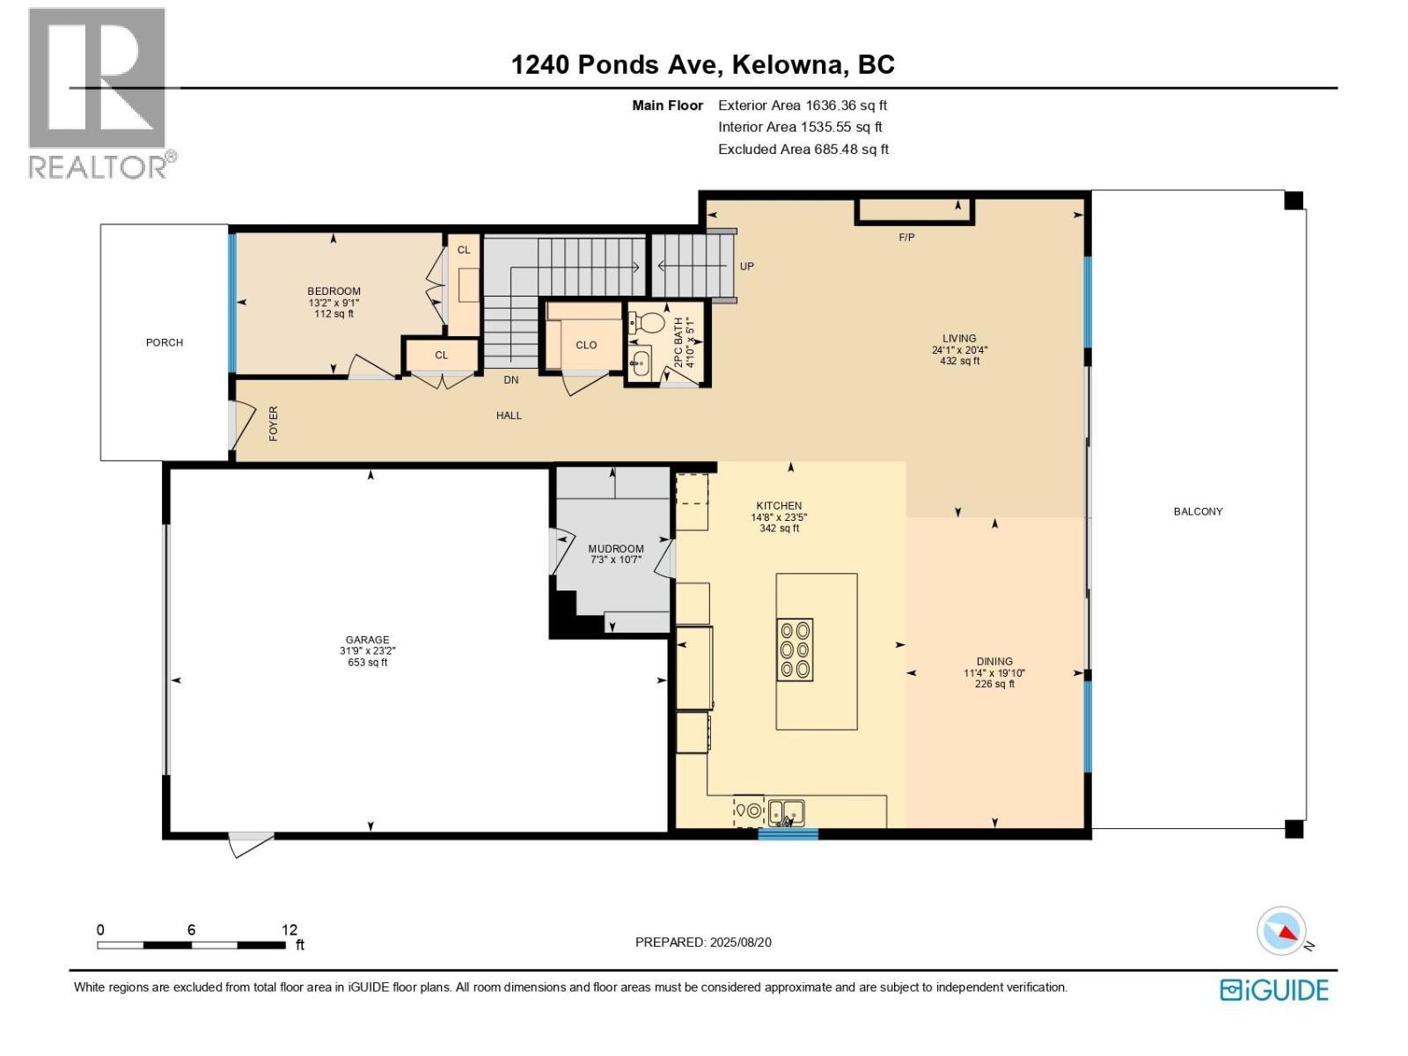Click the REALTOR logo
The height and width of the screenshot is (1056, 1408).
(97, 92)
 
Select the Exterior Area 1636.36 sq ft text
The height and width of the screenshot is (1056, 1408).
(802, 106)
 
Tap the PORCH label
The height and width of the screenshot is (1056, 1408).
(165, 342)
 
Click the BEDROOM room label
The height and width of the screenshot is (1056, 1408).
(334, 291)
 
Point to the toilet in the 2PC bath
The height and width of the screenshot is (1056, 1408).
(649, 322)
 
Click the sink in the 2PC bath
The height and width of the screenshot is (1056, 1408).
(641, 361)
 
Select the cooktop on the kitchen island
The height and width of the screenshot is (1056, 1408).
(794, 649)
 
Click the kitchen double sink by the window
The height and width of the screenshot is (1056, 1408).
(785, 810)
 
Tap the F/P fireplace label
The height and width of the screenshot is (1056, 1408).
(906, 237)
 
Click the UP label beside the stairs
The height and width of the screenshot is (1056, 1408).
(746, 266)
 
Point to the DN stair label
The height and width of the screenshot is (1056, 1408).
(510, 380)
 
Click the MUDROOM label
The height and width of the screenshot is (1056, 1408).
(616, 548)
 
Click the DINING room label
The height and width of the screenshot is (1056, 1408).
(994, 662)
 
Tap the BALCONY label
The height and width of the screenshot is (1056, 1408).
(1198, 511)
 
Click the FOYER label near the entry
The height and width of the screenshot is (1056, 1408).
(273, 423)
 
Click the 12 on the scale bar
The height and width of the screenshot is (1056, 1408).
(290, 929)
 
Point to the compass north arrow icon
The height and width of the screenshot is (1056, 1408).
(1282, 931)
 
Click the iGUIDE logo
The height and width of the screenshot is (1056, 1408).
(1273, 990)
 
